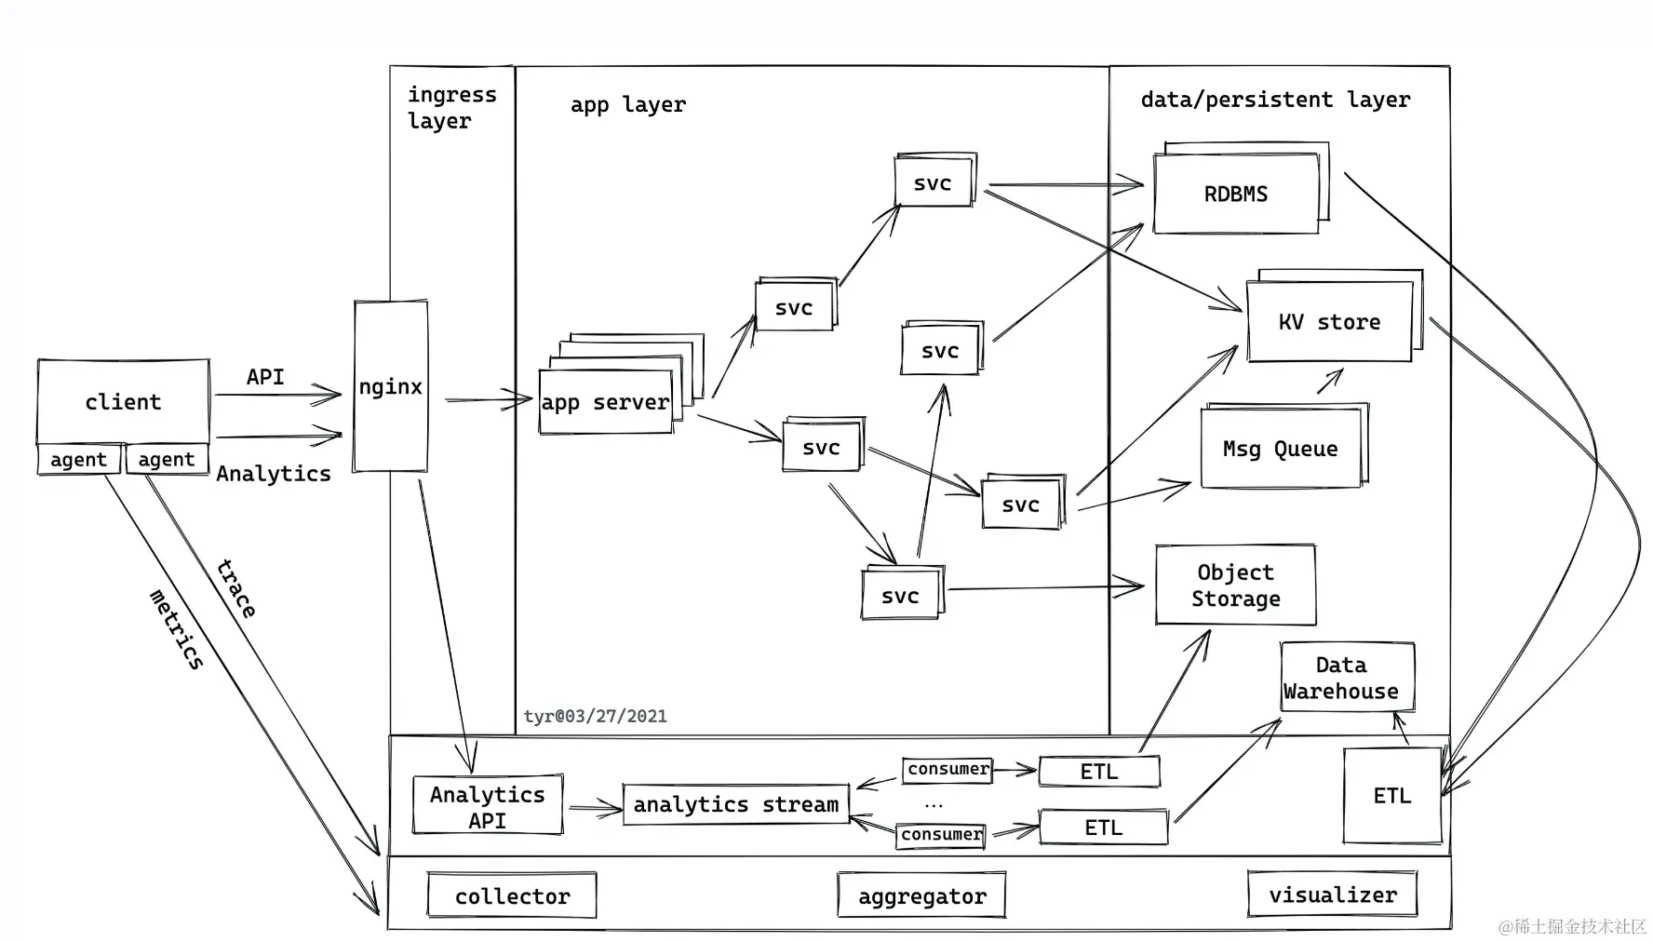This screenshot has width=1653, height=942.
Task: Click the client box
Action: tap(123, 401)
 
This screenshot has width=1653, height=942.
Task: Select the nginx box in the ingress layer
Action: tap(391, 386)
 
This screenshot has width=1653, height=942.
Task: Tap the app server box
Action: tap(606, 402)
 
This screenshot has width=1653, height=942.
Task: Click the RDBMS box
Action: tap(1236, 194)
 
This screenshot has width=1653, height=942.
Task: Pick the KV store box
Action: tap(1329, 322)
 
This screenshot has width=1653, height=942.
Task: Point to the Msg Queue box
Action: tap(1281, 448)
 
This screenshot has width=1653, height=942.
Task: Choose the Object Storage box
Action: tap(1235, 585)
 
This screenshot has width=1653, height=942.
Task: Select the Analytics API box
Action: tap(488, 806)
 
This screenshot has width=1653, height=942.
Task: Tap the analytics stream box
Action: tap(735, 804)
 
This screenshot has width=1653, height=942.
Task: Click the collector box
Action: tap(512, 895)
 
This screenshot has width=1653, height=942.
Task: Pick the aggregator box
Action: tap(921, 895)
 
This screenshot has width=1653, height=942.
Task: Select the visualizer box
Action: tap(1332, 895)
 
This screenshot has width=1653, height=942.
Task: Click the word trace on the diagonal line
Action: tap(236, 588)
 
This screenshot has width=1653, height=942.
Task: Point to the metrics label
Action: tap(177, 629)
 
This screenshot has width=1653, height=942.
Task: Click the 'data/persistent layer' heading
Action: tap(1275, 100)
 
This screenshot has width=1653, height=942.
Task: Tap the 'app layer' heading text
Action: tap(628, 104)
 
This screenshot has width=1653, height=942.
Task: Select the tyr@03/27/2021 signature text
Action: tap(596, 716)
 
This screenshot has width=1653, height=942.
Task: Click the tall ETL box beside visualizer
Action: tap(1392, 796)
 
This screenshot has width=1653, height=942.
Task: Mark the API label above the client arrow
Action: tap(265, 377)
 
